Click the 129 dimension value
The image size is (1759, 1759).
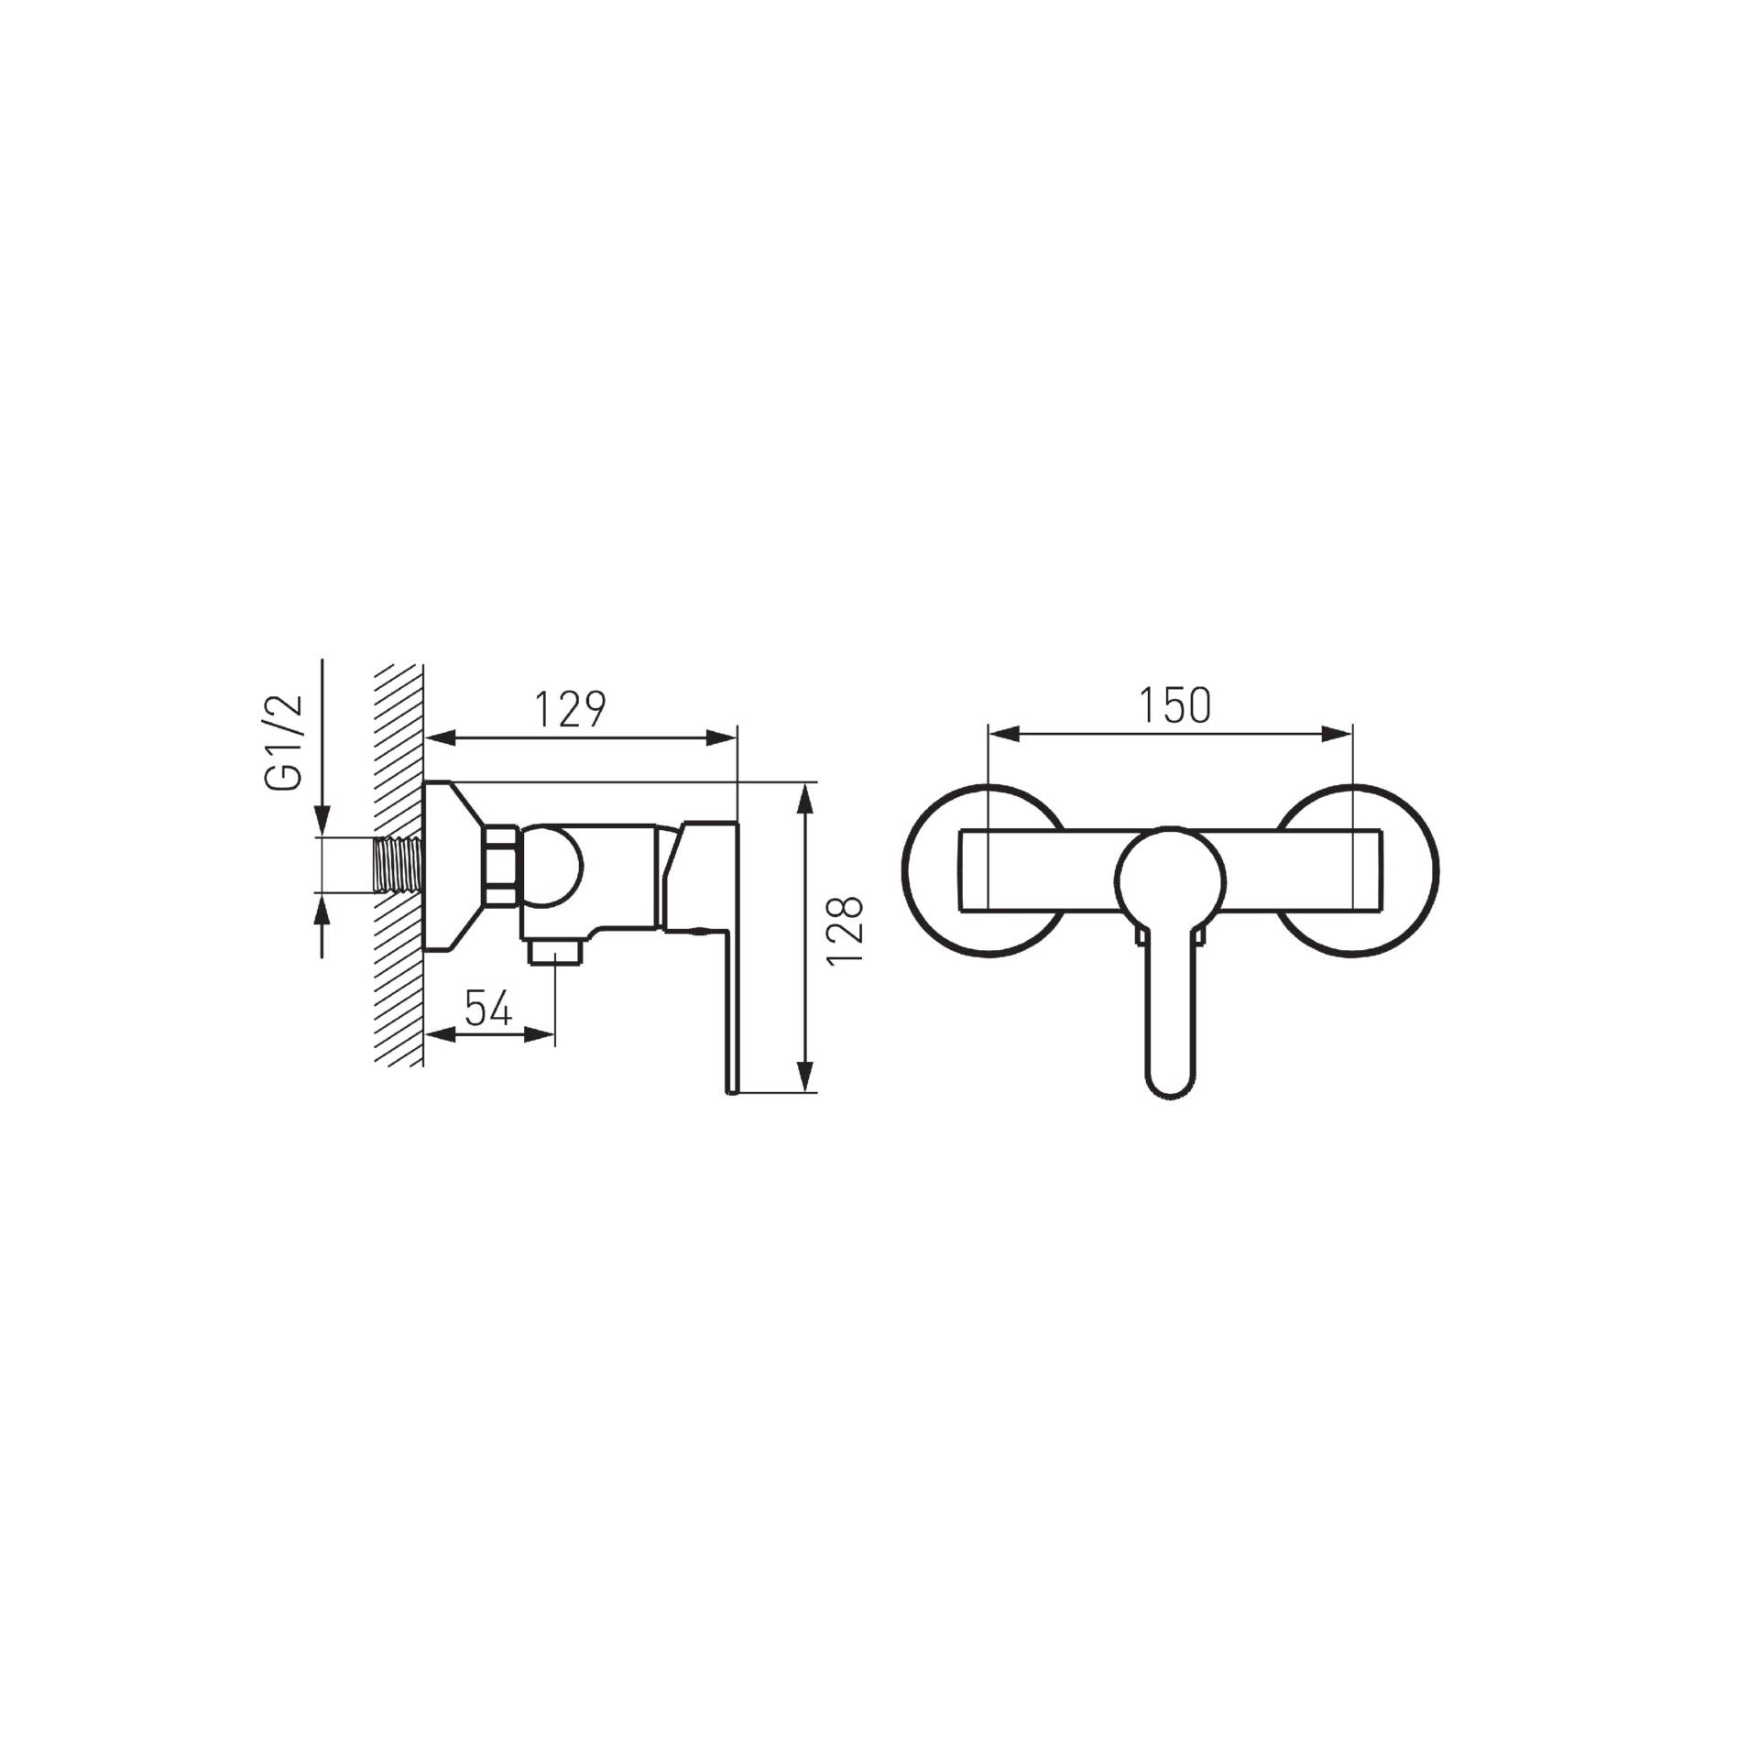point(570,709)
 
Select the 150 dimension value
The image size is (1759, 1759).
point(1174,705)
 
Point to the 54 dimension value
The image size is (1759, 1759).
point(487,1009)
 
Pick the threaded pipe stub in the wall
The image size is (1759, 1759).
point(398,864)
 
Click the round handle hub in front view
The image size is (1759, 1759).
point(1171,880)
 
